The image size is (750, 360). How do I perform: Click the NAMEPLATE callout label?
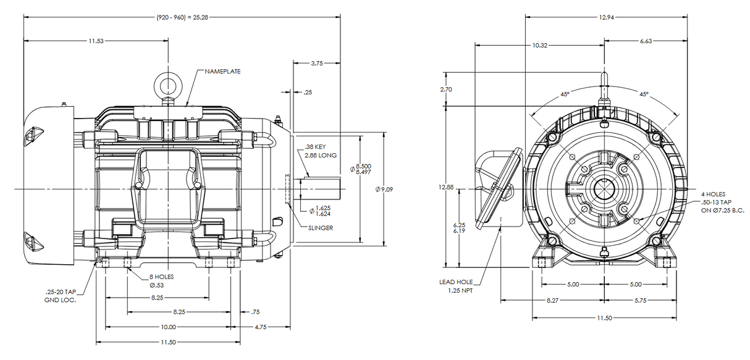224,72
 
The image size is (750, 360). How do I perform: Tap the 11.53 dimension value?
96,41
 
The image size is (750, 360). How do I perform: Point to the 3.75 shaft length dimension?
316,63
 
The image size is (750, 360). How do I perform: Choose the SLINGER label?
321,228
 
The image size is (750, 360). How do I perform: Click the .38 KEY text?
315,147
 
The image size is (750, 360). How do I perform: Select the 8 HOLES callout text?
161,277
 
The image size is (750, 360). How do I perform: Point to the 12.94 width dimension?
606,17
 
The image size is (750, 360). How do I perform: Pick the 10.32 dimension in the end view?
539,45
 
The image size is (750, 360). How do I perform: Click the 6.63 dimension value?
646,41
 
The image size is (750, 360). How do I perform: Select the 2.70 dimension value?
445,90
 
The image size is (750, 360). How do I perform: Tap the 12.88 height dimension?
446,187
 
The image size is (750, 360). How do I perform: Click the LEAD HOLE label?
455,282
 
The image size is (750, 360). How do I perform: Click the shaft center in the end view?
603,188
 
